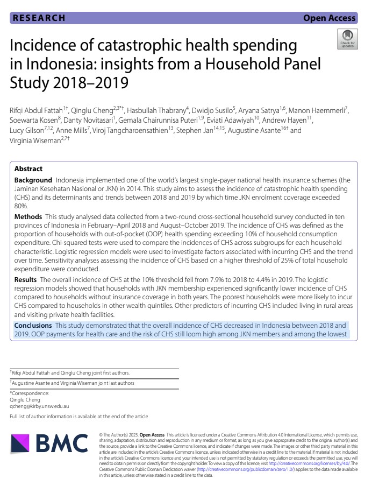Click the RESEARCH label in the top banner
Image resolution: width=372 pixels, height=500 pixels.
pyautogui.click(x=39, y=18)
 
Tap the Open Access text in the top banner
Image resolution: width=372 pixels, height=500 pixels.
pyautogui.click(x=329, y=18)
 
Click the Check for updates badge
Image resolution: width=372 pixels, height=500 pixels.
pyautogui.click(x=347, y=39)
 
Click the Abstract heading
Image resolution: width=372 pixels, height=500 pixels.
pyautogui.click(x=28, y=168)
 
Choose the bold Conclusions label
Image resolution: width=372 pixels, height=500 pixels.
pyautogui.click(x=33, y=326)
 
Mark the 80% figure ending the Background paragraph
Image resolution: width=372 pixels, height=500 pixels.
pyautogui.click(x=20, y=206)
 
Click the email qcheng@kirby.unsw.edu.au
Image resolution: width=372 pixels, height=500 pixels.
pyautogui.click(x=40, y=406)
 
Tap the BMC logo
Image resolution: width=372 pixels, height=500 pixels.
pyautogui.click(x=49, y=443)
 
